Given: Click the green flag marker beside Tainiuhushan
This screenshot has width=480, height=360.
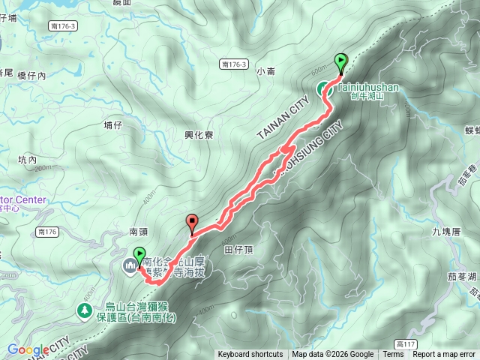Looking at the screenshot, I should pos(341,62).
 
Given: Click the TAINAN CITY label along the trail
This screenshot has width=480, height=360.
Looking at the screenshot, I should pos(282,118).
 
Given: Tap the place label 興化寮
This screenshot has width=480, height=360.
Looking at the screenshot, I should pos(199,135).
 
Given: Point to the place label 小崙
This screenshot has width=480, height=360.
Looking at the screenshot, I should pos(266,72).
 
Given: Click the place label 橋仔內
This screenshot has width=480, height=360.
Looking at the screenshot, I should pos(31,76).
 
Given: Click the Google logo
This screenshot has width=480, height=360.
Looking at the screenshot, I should pos(28,349).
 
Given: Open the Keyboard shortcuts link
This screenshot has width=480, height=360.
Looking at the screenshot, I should pos(250,355).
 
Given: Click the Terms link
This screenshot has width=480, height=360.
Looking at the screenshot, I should pos(393,355).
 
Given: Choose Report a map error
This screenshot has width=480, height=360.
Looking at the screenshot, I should pos(444,355).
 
